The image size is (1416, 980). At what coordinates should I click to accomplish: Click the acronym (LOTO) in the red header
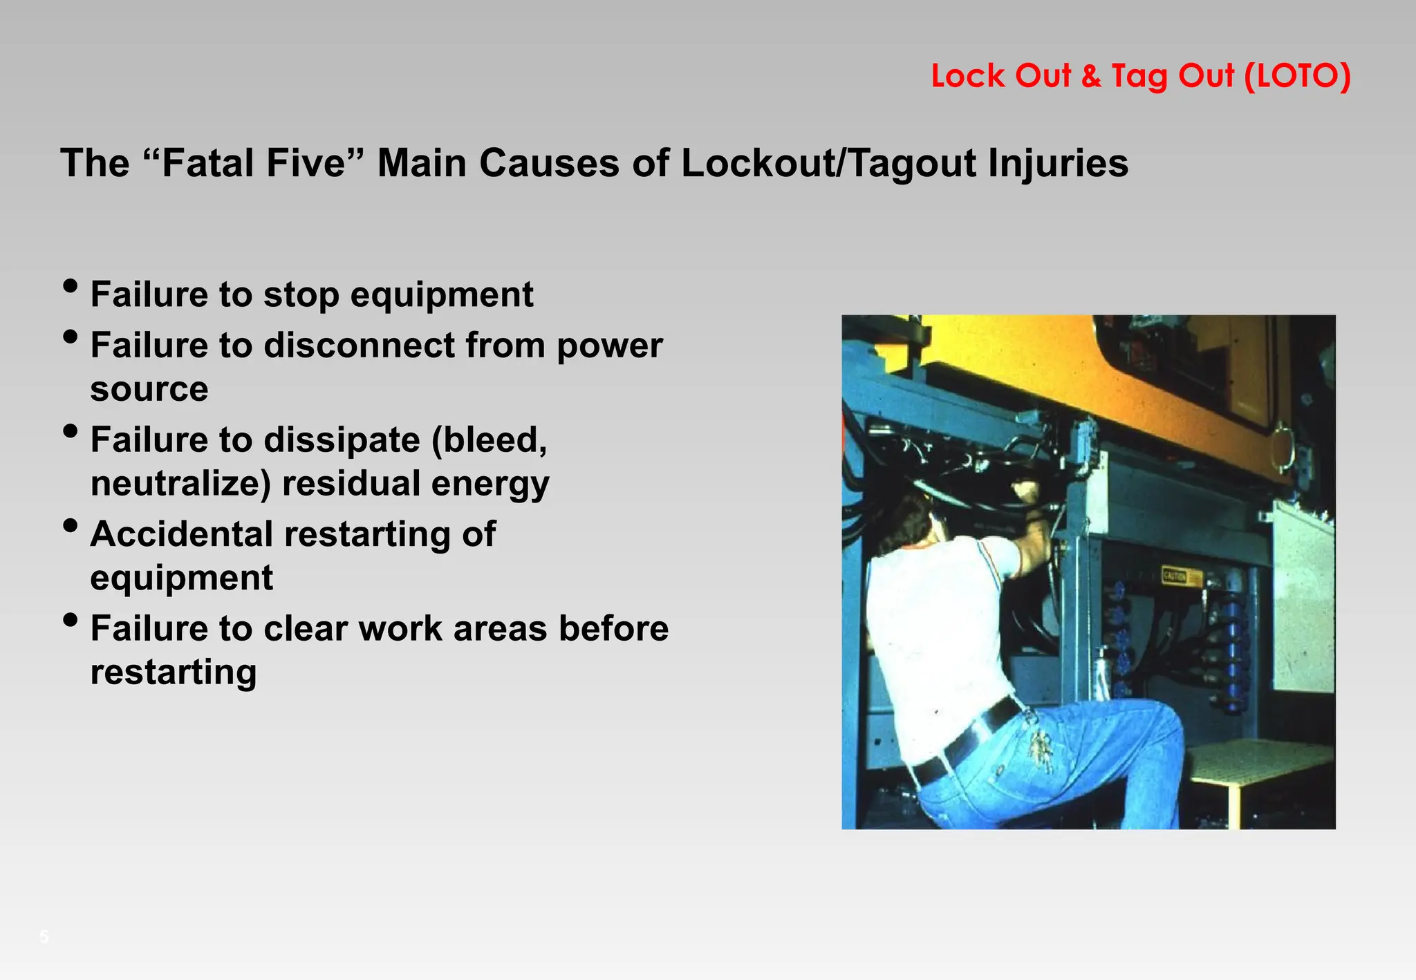[x=1297, y=76]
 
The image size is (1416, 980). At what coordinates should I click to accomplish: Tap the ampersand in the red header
[x=1091, y=76]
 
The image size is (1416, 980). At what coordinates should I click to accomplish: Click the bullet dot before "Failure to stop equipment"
[x=70, y=286]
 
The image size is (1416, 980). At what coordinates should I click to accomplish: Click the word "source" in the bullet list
[x=149, y=388]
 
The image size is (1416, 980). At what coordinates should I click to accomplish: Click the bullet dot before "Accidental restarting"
[x=70, y=526]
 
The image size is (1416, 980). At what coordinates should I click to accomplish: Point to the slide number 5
[x=44, y=937]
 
